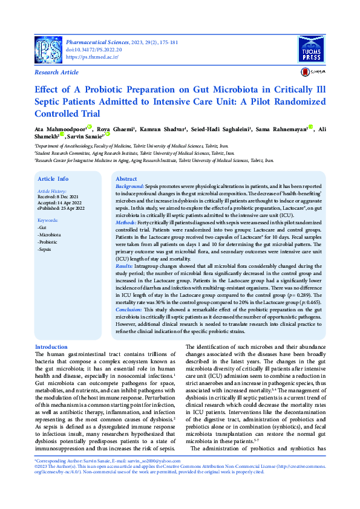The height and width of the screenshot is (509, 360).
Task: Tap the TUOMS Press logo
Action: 312,49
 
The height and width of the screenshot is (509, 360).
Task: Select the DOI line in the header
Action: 94,50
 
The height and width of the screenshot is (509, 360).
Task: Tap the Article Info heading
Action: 53,179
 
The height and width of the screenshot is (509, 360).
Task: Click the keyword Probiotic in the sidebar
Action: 50,241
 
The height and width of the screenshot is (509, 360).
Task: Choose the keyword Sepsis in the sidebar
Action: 47,249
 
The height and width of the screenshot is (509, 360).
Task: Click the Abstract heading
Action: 126,179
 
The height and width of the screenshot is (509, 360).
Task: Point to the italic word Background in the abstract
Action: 129,188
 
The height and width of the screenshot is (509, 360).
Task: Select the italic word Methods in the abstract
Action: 126,223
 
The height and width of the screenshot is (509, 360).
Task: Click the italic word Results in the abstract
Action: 125,266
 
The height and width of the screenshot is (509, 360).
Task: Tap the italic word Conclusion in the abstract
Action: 129,309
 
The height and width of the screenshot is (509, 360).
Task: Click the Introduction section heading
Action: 51,347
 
